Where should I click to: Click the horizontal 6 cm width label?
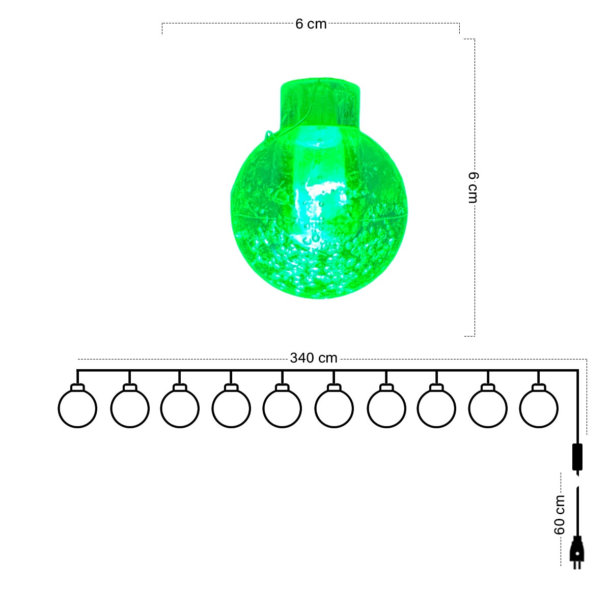[x=311, y=24]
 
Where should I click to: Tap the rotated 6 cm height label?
[x=473, y=187]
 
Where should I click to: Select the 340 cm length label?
[x=313, y=358]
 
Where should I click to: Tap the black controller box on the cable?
[x=577, y=457]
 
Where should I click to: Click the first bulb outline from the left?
[x=77, y=428]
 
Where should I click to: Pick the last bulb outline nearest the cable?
[x=538, y=428]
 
